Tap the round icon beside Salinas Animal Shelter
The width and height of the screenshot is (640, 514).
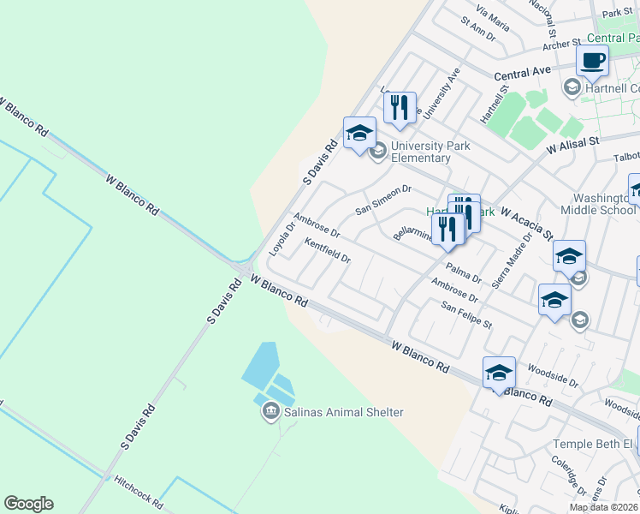coord(271,413)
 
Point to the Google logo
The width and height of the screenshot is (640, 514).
coord(28,504)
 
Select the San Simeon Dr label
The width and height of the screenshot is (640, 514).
coord(383,200)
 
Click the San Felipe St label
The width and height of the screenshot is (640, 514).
coord(466,314)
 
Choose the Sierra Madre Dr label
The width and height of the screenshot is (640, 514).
coord(513,261)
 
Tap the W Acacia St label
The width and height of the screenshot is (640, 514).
coord(526,222)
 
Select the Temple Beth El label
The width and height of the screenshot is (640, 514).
coord(592,444)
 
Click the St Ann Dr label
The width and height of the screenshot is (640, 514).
coord(478,29)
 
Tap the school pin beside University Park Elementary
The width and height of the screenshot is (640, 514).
coord(359,133)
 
